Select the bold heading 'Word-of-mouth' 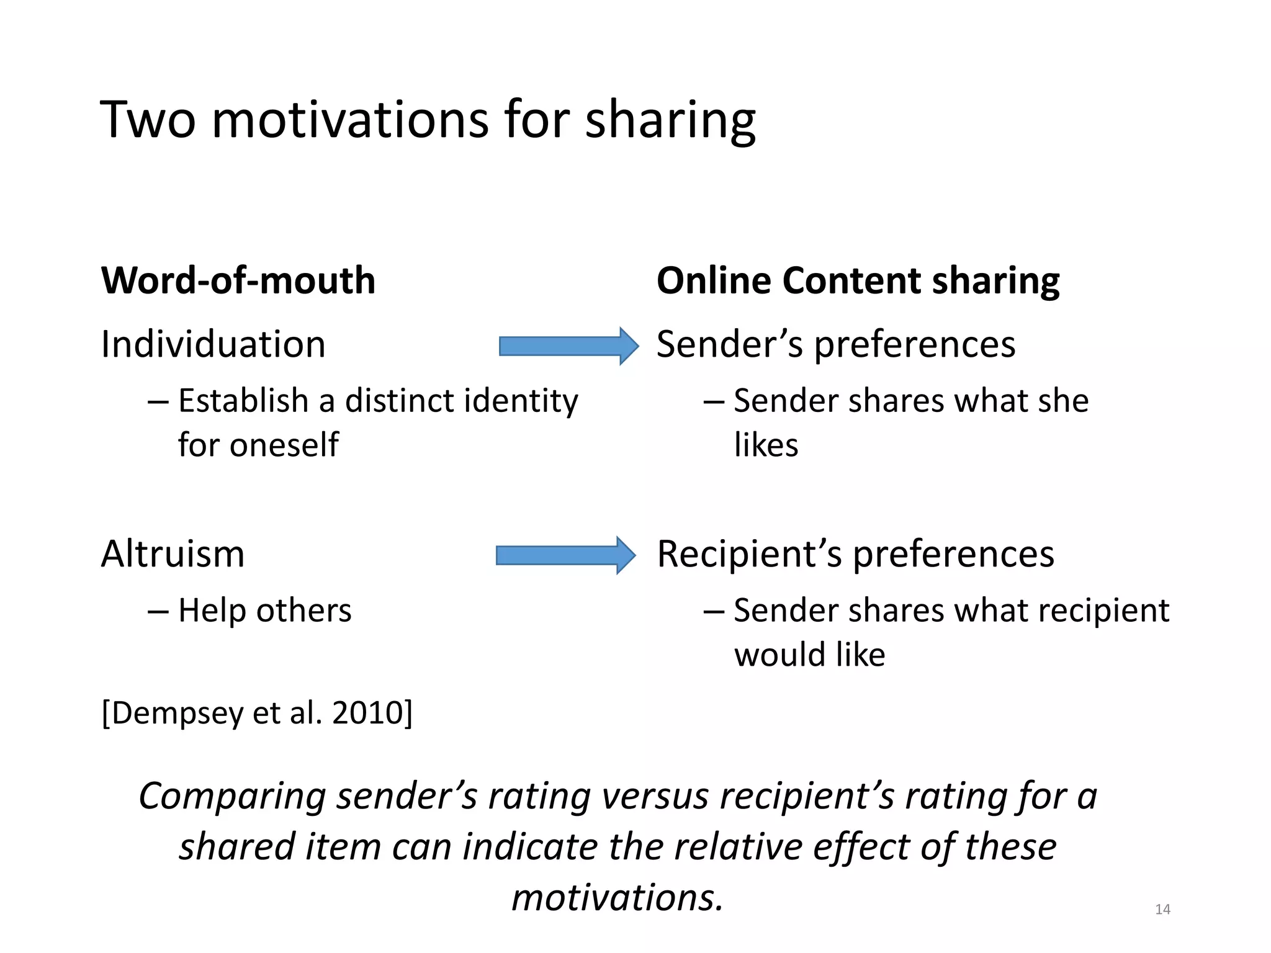click(238, 280)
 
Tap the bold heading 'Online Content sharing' click(858, 280)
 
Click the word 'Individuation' click(213, 344)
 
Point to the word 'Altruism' click(173, 553)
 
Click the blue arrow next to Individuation click(568, 346)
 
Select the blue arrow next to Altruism click(565, 555)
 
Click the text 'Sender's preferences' click(836, 344)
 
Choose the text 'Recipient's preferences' click(855, 553)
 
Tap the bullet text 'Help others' click(264, 611)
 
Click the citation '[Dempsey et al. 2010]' click(257, 712)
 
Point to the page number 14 click(1162, 910)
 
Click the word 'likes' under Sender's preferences click(766, 445)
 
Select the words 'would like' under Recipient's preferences click(809, 655)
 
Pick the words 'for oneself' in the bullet click(258, 445)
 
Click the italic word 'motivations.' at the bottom click(618, 897)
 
